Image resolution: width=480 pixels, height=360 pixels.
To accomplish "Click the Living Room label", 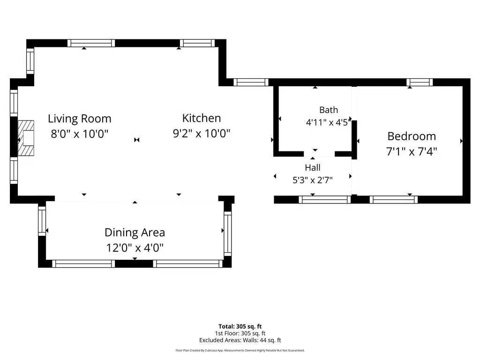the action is (80, 119).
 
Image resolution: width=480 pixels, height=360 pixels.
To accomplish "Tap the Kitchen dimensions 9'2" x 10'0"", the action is (202, 133).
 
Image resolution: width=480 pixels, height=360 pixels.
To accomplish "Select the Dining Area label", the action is (135, 232).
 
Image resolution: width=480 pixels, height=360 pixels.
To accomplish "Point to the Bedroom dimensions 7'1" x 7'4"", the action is (412, 151).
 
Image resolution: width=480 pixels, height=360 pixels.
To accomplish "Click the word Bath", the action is (329, 110).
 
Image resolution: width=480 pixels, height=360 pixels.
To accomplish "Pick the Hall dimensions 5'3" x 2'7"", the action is (313, 180).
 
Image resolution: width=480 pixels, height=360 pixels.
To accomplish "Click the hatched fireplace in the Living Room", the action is (26, 138).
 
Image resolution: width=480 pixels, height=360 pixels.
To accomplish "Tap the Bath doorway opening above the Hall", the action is (319, 154).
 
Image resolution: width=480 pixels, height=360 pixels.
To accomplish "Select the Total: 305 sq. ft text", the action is (240, 326).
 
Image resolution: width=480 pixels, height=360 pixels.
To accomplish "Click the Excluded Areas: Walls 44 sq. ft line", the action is (240, 340).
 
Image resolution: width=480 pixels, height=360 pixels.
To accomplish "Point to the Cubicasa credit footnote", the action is (240, 351).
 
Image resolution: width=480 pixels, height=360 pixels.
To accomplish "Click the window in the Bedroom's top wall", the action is (420, 82).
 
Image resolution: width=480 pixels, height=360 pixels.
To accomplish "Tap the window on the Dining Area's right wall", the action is (228, 233).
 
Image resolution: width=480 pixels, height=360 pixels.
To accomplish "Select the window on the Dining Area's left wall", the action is (42, 221).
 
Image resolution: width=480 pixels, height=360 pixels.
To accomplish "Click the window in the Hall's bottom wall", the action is (324, 200).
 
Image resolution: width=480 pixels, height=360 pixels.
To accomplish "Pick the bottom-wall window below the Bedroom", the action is (394, 200).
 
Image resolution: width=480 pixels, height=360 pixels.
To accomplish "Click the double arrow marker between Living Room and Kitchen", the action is (137, 140).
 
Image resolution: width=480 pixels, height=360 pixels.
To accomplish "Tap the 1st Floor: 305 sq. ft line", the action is (240, 333).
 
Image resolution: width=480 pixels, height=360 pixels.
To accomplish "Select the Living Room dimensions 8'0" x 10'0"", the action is (80, 134).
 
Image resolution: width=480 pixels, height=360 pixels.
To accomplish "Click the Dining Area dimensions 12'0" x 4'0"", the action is (135, 247).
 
